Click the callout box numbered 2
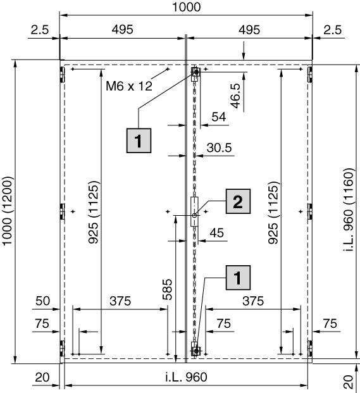pyautogui.click(x=238, y=201)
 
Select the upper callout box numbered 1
pyautogui.click(x=139, y=140)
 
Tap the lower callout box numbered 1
pyautogui.click(x=238, y=277)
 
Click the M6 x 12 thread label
pyautogui.click(x=129, y=86)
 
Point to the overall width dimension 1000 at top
pyautogui.click(x=187, y=7)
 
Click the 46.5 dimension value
pyautogui.click(x=236, y=96)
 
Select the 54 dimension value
pyautogui.click(x=219, y=117)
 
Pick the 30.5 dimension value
pyautogui.click(x=219, y=147)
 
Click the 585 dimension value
pyautogui.click(x=168, y=289)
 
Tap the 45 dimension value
pyautogui.click(x=217, y=233)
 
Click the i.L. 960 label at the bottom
pyautogui.click(x=187, y=377)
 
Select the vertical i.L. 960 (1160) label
pyautogui.click(x=348, y=210)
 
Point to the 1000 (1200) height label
pyautogui.click(x=7, y=211)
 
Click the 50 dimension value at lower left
pyautogui.click(x=43, y=301)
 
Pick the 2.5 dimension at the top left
pyautogui.click(x=40, y=30)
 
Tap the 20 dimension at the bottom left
pyautogui.click(x=42, y=377)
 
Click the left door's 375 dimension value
pyautogui.click(x=120, y=301)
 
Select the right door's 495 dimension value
pyautogui.click(x=249, y=30)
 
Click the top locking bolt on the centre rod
pyautogui.click(x=196, y=72)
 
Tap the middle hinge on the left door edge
pyautogui.click(x=62, y=211)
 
